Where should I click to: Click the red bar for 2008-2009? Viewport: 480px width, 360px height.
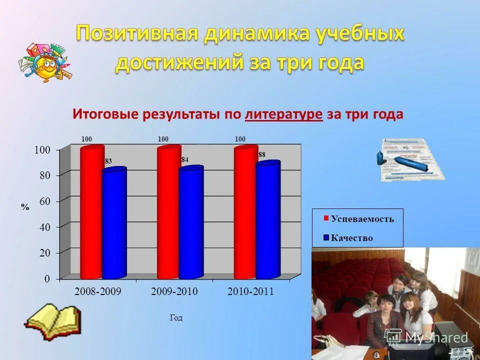point(91,212)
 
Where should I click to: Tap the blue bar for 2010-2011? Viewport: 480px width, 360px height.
point(268,220)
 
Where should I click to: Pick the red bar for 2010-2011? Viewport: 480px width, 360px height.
point(245,212)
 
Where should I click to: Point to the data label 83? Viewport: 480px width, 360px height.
point(108,161)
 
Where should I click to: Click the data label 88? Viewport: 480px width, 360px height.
point(261,155)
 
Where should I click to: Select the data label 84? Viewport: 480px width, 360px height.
point(185,160)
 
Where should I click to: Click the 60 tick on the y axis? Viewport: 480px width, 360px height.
point(45,201)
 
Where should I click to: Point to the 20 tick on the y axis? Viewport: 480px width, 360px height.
point(45,253)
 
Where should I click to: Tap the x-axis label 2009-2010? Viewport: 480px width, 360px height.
point(174,292)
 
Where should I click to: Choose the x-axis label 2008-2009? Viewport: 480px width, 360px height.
point(98,292)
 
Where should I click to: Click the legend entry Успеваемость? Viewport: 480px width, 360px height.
point(362,219)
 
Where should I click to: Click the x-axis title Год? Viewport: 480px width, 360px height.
point(176,318)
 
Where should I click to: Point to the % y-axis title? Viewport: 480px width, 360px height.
point(25,206)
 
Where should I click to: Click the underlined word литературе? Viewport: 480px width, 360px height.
point(283,114)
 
